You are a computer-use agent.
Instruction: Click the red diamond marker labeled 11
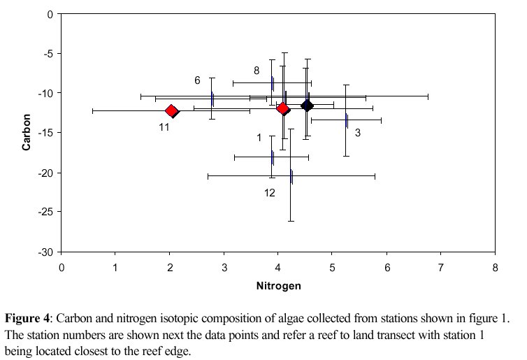[x=171, y=110]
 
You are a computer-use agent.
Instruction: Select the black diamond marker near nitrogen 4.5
[x=306, y=106]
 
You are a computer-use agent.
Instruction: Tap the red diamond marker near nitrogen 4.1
[x=282, y=108]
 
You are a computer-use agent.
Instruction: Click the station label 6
[x=197, y=80]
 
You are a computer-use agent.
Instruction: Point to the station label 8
[x=257, y=71]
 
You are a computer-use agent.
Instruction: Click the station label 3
[x=357, y=132]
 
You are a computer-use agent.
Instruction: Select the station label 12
[x=270, y=192]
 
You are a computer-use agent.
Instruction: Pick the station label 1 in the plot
[x=259, y=138]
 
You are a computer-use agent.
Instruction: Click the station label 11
[x=164, y=127]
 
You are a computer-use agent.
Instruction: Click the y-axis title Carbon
[x=26, y=132]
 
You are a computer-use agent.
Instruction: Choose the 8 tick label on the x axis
[x=495, y=266]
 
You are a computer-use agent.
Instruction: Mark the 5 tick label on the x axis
[x=332, y=266]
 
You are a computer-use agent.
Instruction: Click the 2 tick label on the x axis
[x=170, y=266]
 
